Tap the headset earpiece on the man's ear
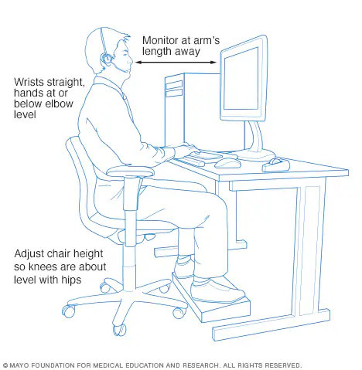click(107, 59)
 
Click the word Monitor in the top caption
click(160, 40)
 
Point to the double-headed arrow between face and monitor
click(176, 62)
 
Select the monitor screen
click(241, 79)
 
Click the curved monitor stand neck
click(255, 137)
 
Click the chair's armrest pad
click(130, 171)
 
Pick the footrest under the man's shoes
click(211, 299)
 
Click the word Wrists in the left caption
click(29, 82)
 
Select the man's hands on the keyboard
click(186, 150)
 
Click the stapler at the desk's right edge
click(276, 165)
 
